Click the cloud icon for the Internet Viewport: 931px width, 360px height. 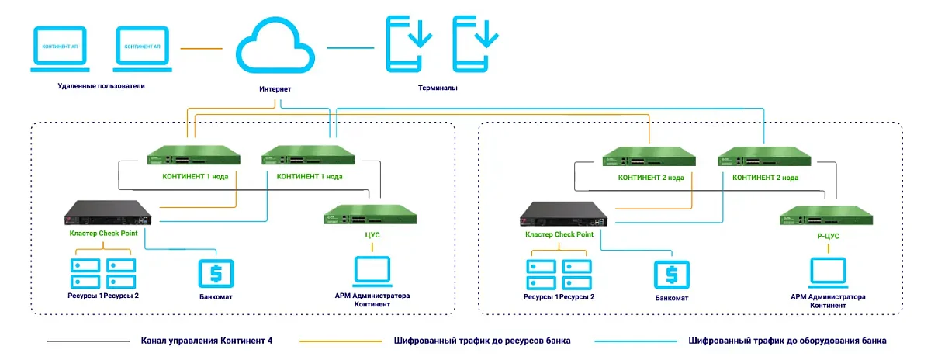tap(275, 48)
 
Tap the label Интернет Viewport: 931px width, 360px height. tap(275, 90)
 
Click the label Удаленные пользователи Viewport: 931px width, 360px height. tap(101, 85)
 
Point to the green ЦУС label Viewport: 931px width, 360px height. tap(372, 234)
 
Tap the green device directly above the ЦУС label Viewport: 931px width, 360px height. tap(372, 213)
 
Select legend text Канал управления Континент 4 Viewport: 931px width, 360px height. tap(206, 341)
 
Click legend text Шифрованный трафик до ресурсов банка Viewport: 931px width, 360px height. tap(482, 341)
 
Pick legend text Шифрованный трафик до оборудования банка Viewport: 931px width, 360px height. tap(787, 341)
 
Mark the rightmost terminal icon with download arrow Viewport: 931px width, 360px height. tap(476, 43)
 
